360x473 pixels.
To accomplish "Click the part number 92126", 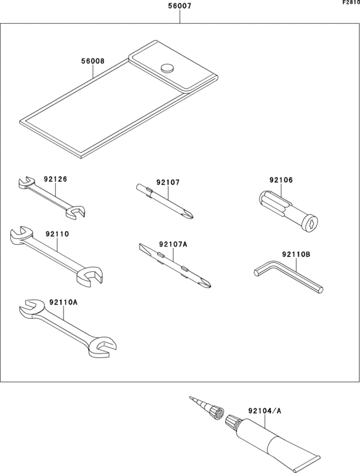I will coord(55,180).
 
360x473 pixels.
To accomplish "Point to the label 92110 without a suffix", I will coord(57,235).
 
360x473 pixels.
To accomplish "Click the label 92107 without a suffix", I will coord(168,183).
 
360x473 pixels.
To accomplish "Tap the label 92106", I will coord(281,180).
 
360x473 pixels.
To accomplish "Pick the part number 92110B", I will coord(296,254).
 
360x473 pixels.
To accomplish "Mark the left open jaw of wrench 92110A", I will coord(27,309).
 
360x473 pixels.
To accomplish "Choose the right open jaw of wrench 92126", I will coord(78,211).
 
